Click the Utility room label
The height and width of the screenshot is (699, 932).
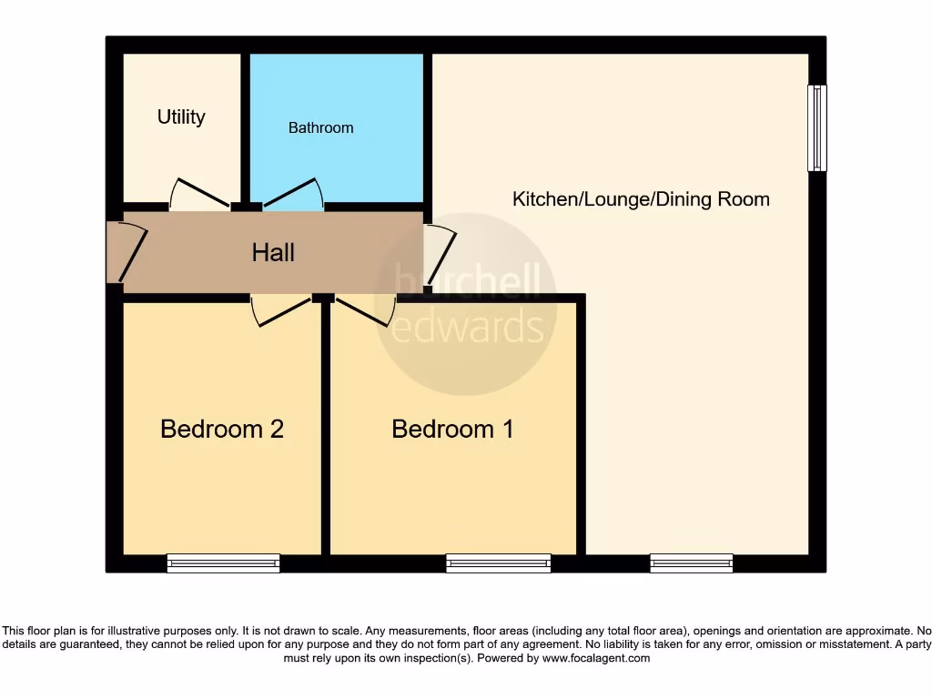point(181,116)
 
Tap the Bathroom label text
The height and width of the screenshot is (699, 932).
point(320,127)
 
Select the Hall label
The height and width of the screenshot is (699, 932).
point(273,252)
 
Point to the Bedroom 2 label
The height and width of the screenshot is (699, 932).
point(222,429)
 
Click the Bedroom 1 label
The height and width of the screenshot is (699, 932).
point(452,429)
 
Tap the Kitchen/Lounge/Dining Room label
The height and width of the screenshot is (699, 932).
point(641,198)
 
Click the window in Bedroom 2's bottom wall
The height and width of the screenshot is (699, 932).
point(223,564)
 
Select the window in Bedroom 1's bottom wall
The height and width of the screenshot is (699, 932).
point(499,564)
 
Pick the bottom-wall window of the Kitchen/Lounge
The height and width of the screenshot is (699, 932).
point(692,564)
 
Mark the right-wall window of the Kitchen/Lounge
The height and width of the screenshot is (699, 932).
point(817,127)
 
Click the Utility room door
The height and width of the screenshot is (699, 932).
point(200,192)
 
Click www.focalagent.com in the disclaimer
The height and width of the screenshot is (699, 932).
point(597,658)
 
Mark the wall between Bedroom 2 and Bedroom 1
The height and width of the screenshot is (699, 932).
point(325,428)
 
